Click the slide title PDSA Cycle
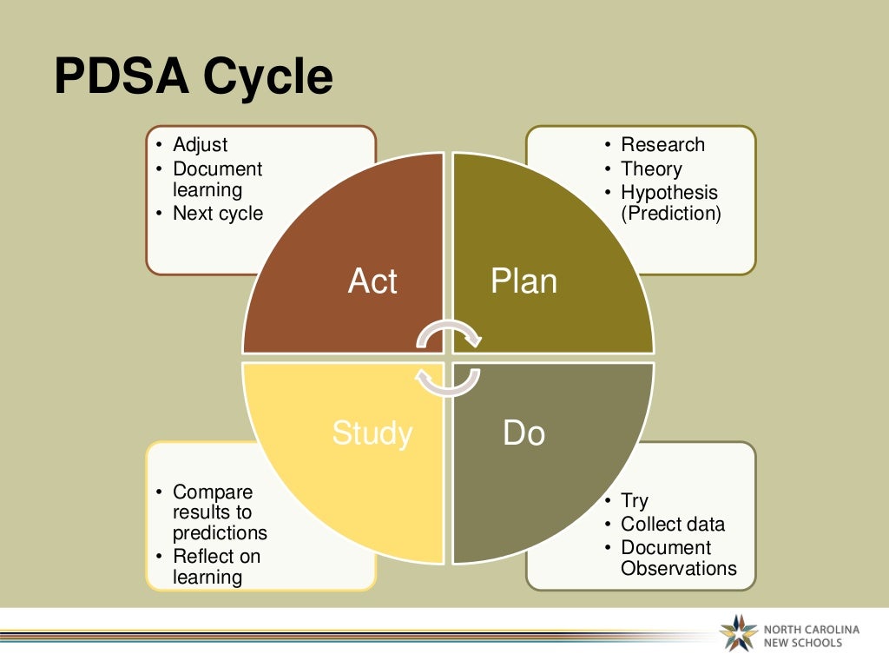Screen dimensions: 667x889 (193, 77)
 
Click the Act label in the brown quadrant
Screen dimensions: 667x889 (372, 281)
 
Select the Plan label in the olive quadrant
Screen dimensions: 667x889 (524, 281)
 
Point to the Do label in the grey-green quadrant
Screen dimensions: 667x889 (524, 433)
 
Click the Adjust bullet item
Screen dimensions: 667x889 (201, 145)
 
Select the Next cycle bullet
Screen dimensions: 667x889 (217, 213)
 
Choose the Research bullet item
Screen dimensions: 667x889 (662, 145)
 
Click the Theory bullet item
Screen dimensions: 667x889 (651, 168)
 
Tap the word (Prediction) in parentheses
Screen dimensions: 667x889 (670, 213)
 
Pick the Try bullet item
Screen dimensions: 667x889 (635, 501)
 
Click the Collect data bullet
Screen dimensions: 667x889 (672, 524)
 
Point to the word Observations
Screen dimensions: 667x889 (678, 569)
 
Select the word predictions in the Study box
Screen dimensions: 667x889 (220, 533)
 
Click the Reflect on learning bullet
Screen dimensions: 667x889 (216, 566)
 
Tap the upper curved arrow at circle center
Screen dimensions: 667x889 (447, 335)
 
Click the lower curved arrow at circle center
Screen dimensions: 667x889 (447, 380)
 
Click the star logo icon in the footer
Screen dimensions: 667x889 (739, 633)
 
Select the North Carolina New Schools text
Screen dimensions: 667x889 (811, 636)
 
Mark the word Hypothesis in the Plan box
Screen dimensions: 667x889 (669, 192)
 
